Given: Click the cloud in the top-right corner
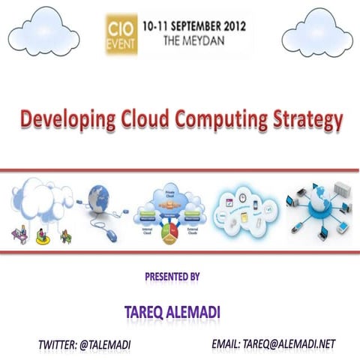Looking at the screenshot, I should tap(316, 34).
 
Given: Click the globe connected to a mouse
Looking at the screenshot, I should tap(103, 199).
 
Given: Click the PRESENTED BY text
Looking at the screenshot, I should tap(172, 277).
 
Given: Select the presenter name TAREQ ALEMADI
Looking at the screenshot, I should tap(172, 310).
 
